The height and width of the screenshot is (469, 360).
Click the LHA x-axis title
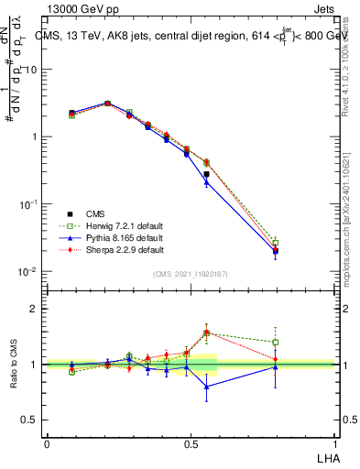tap(326, 457)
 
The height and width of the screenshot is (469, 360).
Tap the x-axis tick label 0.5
tap(191, 443)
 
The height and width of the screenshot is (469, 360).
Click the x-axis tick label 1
tap(334, 443)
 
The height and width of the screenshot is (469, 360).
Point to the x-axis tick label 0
tap(47, 443)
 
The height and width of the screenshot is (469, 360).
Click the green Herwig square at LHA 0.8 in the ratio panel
tap(276, 343)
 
